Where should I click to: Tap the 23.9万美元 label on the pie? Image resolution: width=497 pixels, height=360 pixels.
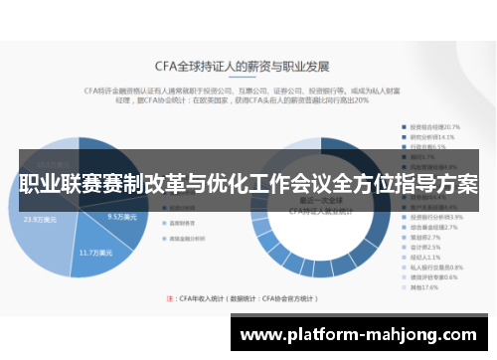[x=41, y=220]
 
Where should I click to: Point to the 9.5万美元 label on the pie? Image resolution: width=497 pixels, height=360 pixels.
[x=121, y=217]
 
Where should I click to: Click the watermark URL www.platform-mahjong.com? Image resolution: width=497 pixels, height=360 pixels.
[x=362, y=334]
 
